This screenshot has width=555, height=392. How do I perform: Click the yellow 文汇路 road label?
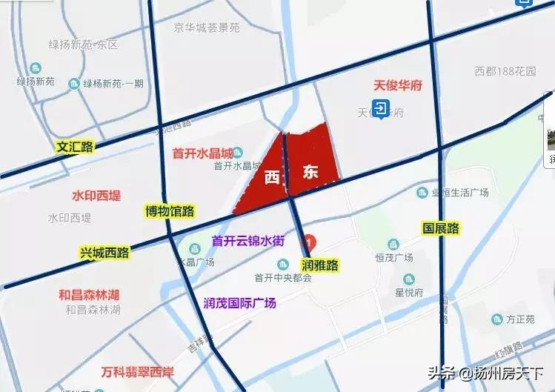[75, 147]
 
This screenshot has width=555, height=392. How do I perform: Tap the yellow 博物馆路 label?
[170, 211]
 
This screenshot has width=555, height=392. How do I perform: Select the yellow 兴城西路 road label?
[104, 253]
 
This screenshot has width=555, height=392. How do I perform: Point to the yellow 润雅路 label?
[320, 265]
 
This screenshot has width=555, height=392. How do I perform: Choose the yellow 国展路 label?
[441, 227]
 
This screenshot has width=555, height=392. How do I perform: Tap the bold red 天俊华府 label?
[397, 85]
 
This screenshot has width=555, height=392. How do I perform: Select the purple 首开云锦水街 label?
[248, 240]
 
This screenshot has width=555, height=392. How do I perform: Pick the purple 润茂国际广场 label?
[239, 302]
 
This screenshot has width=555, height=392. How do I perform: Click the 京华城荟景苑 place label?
[207, 28]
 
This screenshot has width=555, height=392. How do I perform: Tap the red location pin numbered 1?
[311, 242]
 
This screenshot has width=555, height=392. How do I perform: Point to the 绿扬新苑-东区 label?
[84, 44]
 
